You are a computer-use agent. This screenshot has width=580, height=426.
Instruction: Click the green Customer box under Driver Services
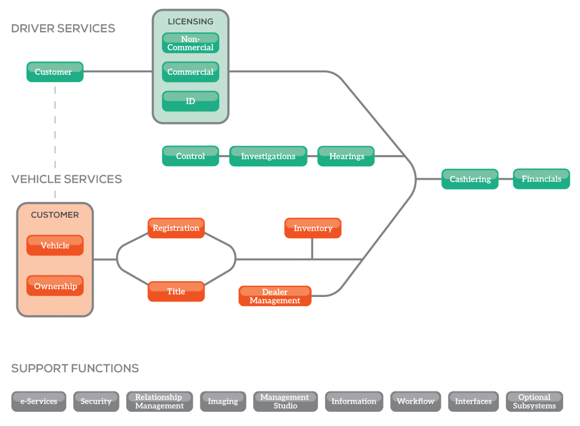coord(55,72)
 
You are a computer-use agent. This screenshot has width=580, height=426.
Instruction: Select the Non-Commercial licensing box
coord(190,43)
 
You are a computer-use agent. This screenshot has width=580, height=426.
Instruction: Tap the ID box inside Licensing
coord(190,101)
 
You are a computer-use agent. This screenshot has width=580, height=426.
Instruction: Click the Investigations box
coord(268,156)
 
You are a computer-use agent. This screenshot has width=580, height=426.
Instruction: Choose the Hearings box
coord(346,156)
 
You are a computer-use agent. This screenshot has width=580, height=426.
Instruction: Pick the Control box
coord(190,156)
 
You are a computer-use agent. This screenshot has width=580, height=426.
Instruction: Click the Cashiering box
coord(470,179)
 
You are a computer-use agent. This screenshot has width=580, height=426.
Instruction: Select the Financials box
coord(541,179)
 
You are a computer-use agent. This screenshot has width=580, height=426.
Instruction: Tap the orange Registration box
coord(176,228)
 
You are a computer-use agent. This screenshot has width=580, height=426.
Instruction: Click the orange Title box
coord(176,291)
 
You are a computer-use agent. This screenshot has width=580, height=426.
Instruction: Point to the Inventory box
coord(313,228)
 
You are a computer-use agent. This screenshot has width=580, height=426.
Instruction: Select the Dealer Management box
coord(275,296)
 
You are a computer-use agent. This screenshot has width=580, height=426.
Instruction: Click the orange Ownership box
coord(55,286)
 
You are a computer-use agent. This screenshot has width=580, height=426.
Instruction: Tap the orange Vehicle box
coord(55,246)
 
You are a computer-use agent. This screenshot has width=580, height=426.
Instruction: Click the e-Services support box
coord(39,401)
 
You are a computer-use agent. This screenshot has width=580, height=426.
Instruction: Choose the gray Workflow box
coord(416,401)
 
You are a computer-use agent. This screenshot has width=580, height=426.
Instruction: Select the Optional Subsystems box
coord(534,401)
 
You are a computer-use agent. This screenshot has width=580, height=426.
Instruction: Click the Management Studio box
coord(285,401)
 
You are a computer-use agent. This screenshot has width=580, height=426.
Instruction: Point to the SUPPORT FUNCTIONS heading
coord(75,368)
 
